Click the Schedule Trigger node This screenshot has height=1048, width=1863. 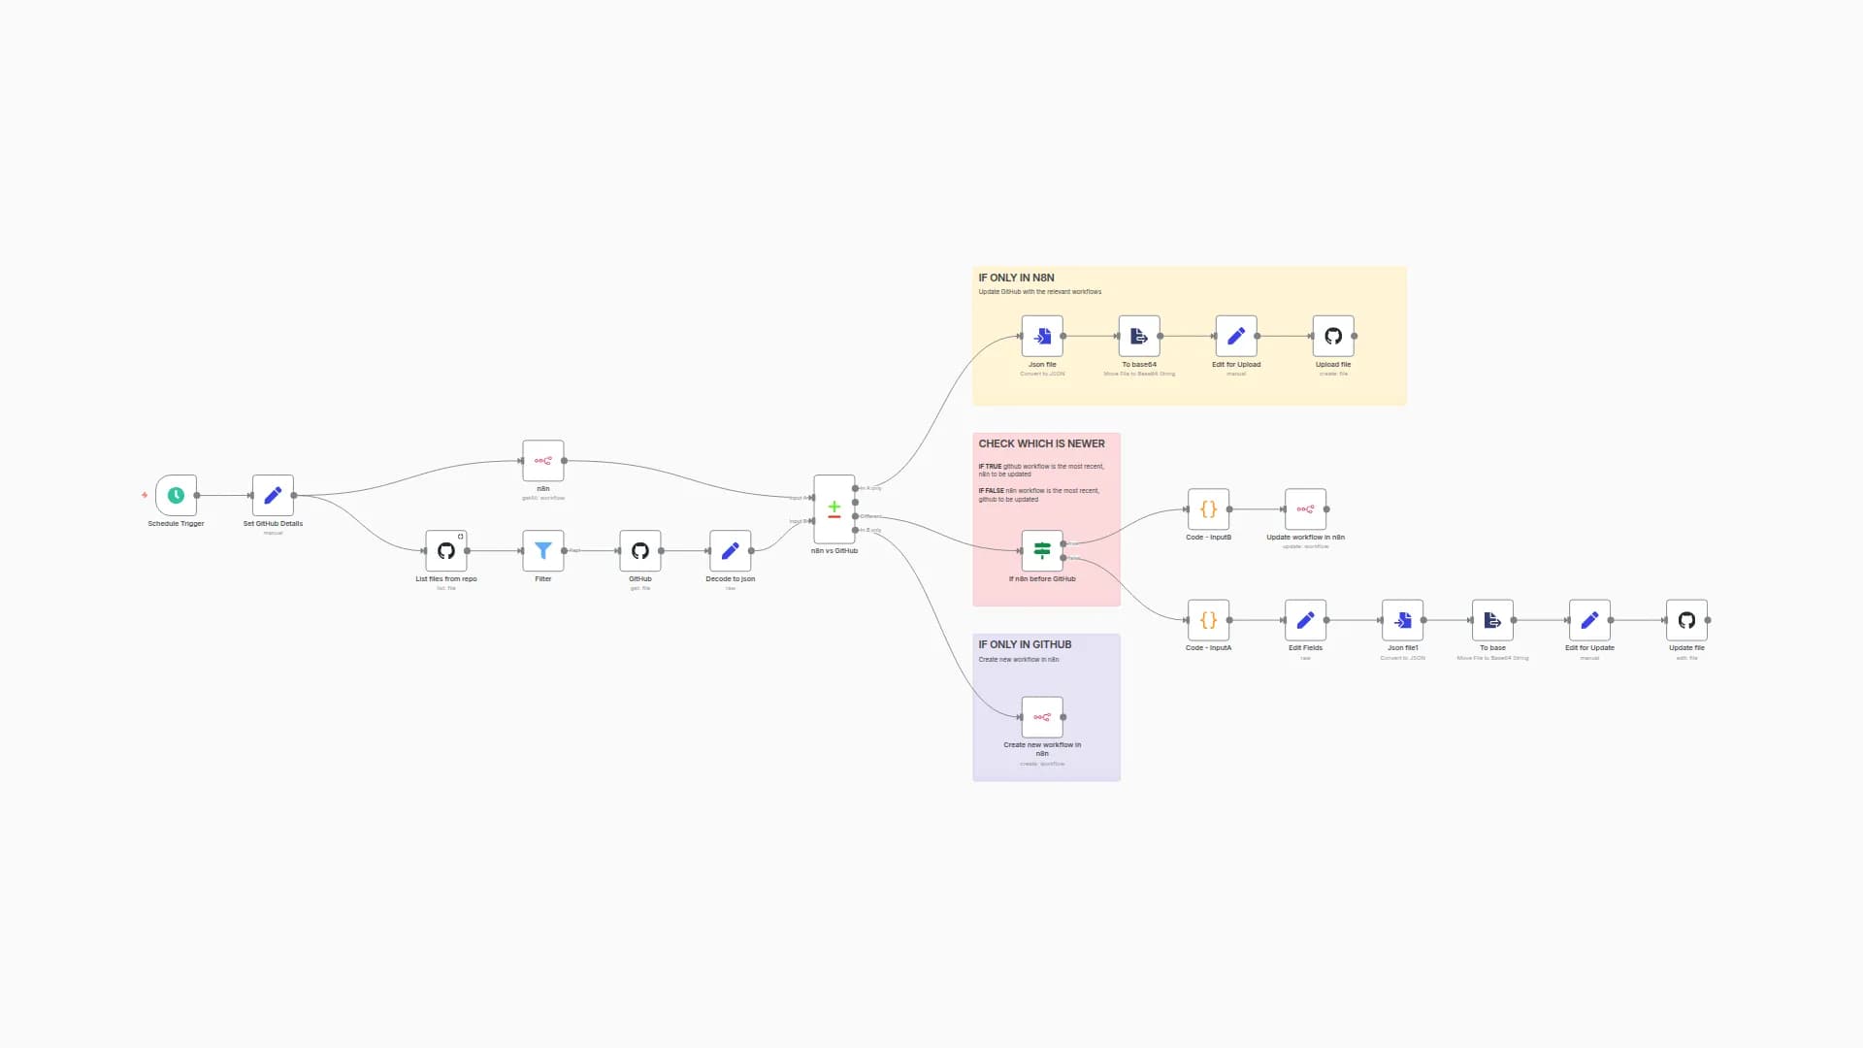[176, 496]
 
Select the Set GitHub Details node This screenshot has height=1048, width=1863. [273, 496]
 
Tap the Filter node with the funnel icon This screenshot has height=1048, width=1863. [542, 551]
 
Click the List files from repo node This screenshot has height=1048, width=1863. [445, 551]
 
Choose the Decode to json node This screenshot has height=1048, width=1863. [730, 551]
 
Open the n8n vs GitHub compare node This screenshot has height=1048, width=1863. [833, 509]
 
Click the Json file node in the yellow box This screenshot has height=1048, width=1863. [1042, 337]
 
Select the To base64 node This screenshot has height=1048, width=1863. [1139, 337]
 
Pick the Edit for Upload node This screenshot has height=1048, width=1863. [1236, 337]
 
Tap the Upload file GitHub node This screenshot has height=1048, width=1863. [1333, 337]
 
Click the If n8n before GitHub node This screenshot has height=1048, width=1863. [1042, 551]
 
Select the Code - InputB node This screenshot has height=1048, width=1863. [1208, 509]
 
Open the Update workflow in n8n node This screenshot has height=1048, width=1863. [1305, 509]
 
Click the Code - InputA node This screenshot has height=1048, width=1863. [1208, 620]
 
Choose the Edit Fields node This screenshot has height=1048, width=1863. [1305, 620]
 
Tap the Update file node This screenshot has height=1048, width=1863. [1686, 620]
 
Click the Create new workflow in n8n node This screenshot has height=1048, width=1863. [1042, 718]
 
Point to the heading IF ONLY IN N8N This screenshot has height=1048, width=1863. [1016, 278]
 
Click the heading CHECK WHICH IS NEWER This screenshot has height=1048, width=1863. [1041, 443]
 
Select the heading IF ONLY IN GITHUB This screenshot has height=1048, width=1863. [1025, 644]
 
